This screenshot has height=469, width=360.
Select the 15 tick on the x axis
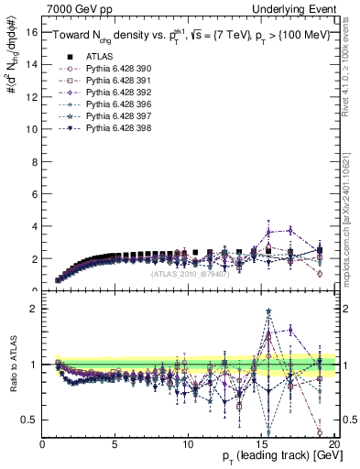click(x=261, y=444)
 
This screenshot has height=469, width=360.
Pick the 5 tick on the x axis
click(x=115, y=444)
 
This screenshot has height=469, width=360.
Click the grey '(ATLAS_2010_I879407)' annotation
click(x=191, y=274)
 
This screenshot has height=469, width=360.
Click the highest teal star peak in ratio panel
click(x=268, y=311)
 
